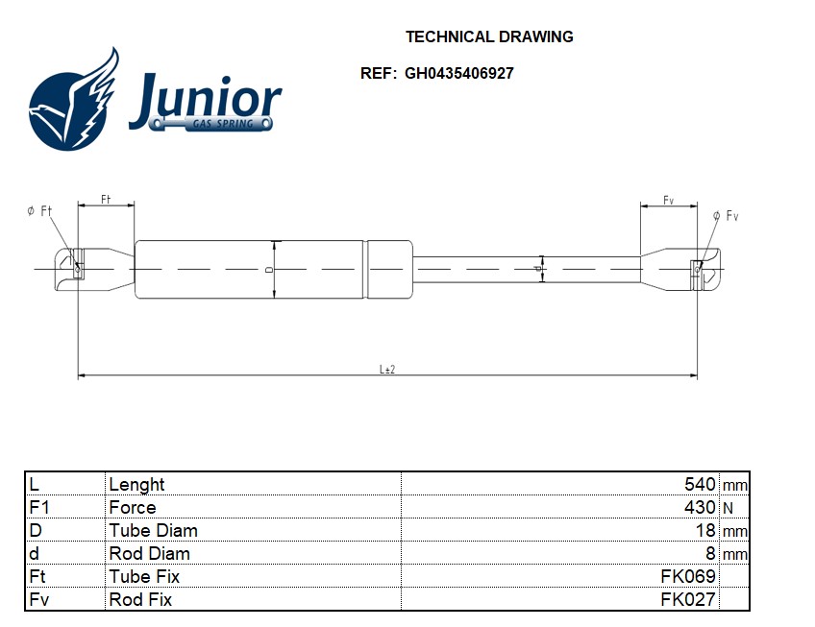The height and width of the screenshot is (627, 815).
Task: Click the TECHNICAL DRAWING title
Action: click(x=489, y=36)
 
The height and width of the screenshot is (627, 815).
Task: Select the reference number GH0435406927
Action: click(x=459, y=73)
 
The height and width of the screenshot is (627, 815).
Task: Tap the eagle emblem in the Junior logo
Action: click(x=73, y=99)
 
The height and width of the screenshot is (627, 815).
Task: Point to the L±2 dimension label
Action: click(x=387, y=369)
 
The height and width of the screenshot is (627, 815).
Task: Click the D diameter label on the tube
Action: click(x=269, y=270)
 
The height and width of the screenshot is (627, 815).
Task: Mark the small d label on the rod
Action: click(x=537, y=269)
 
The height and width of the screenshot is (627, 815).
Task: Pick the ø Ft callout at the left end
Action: click(x=39, y=210)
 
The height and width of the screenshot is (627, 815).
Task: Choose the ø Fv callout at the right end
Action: click(x=726, y=216)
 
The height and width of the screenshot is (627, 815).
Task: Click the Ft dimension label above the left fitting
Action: click(x=106, y=199)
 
